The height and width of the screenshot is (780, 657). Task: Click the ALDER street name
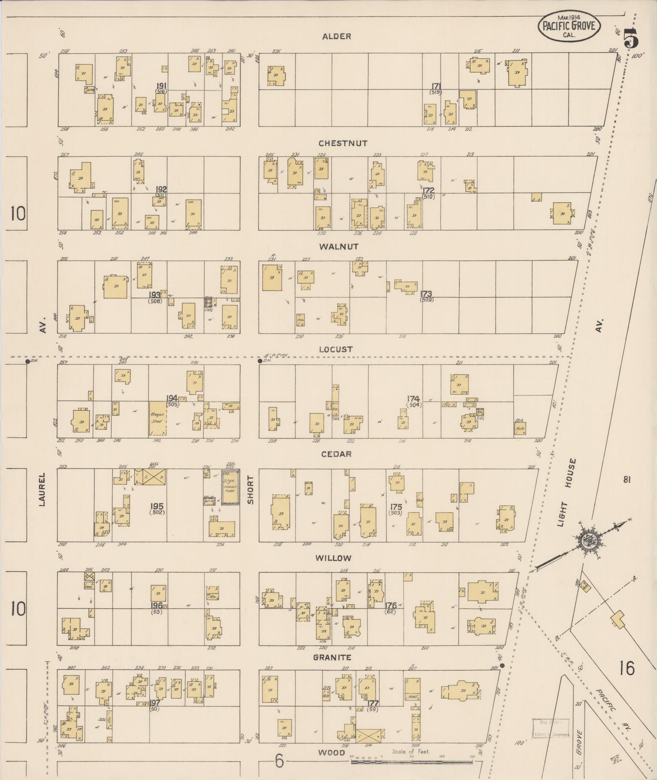pos(336,37)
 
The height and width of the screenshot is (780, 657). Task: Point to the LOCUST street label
pos(336,349)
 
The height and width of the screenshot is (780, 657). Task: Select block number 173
pos(426,294)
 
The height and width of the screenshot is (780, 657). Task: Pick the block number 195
pos(157,506)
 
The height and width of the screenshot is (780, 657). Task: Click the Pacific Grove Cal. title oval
pos(569,27)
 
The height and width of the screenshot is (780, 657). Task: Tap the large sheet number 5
pos(630,39)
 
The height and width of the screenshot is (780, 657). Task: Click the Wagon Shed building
pos(158,418)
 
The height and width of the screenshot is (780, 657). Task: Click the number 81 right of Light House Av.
pos(626,479)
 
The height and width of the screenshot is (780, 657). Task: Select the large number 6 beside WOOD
pos(279,761)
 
